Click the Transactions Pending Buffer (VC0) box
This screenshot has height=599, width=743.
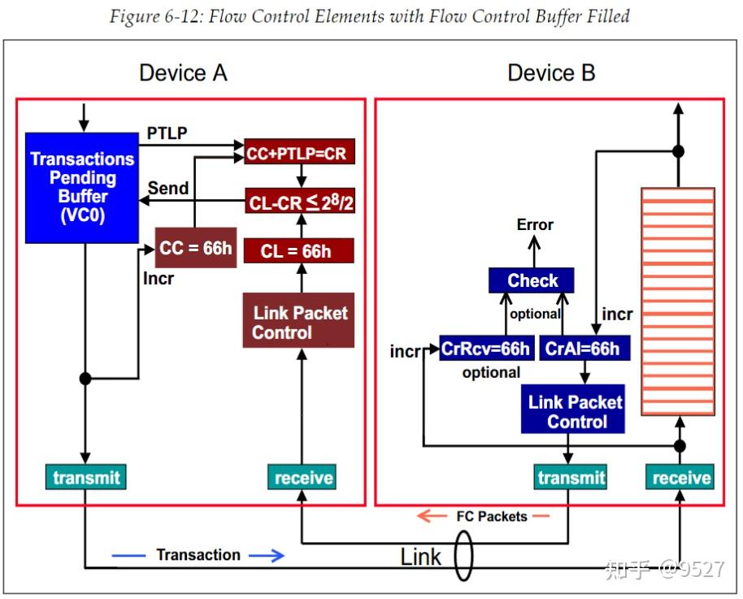pyautogui.click(x=82, y=188)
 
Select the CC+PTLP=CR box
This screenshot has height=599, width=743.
pyautogui.click(x=299, y=152)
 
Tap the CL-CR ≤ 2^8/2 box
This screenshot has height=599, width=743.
pyautogui.click(x=300, y=201)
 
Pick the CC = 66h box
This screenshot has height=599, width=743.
pyautogui.click(x=196, y=247)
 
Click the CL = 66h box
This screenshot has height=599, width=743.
pyautogui.click(x=298, y=250)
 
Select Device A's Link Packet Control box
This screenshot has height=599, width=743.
pyautogui.click(x=298, y=320)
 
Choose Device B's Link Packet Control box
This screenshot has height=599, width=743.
pyautogui.click(x=573, y=409)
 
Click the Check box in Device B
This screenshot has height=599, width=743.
pyautogui.click(x=531, y=280)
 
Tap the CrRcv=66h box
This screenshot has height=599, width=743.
pyautogui.click(x=487, y=349)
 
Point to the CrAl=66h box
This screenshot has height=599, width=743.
pyautogui.click(x=584, y=349)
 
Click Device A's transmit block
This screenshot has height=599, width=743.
pyautogui.click(x=86, y=477)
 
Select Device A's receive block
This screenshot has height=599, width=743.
pyautogui.click(x=302, y=477)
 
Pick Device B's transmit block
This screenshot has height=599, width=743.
pyautogui.click(x=571, y=477)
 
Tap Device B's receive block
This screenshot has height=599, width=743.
pyautogui.click(x=680, y=477)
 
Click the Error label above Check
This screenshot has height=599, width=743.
pyautogui.click(x=535, y=224)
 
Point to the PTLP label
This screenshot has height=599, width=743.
pyautogui.click(x=167, y=132)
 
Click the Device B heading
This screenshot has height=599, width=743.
pyautogui.click(x=551, y=73)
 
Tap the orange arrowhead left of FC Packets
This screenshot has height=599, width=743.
pyautogui.click(x=425, y=515)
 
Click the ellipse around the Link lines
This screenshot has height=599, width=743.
pyautogui.click(x=463, y=555)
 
